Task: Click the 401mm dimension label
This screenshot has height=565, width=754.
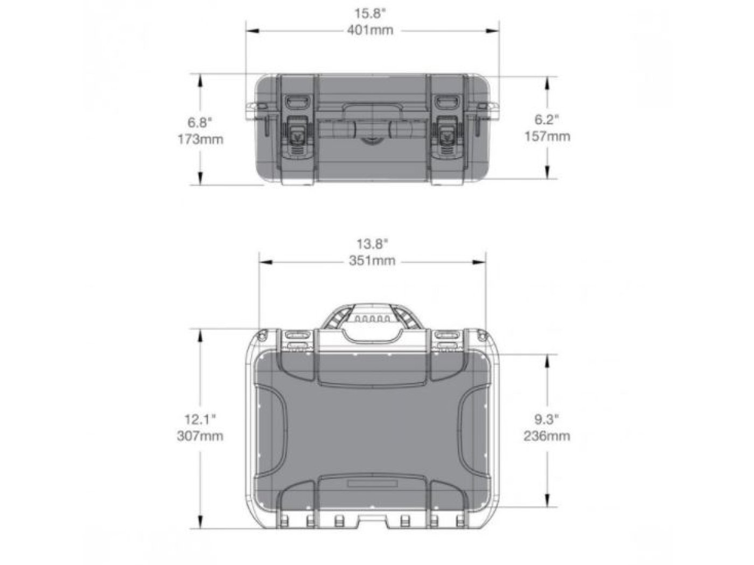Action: click(370, 30)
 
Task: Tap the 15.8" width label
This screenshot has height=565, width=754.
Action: click(370, 14)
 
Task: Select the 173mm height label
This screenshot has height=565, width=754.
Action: click(200, 139)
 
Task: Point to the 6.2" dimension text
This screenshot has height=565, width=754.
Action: click(547, 119)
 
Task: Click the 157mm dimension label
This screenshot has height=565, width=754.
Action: click(547, 136)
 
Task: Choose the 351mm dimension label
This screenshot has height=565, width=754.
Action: click(372, 261)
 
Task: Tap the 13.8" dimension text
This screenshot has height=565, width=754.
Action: click(372, 244)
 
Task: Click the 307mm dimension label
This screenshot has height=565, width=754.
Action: click(200, 436)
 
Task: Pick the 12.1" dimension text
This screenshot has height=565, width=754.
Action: click(200, 419)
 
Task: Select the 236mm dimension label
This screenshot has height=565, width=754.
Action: click(547, 436)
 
